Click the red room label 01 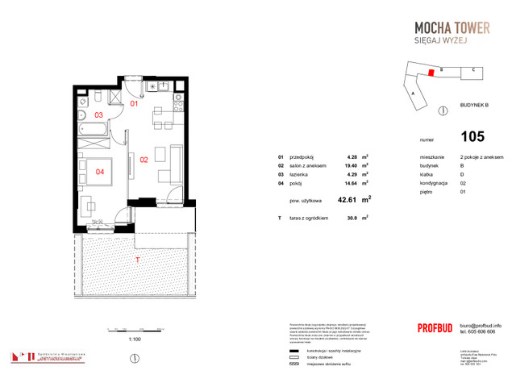point(135,104)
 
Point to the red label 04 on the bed point(99,171)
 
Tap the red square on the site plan point(431,73)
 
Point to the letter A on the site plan point(412,94)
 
